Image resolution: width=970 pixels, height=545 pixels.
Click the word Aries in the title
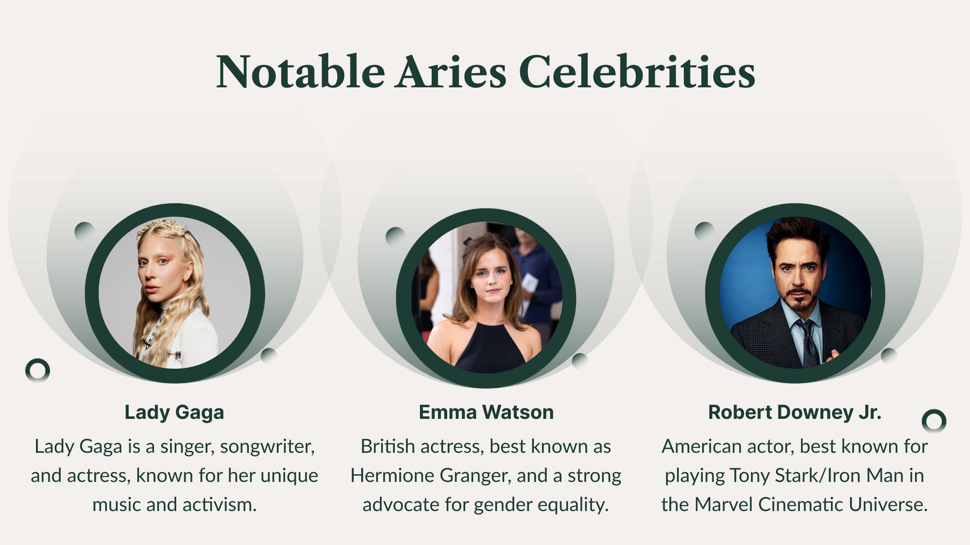[x=450, y=72]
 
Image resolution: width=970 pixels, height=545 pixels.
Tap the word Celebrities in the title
[x=637, y=71]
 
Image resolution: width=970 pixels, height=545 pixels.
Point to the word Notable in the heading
[x=301, y=71]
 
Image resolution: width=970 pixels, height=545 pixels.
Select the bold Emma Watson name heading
[x=486, y=413]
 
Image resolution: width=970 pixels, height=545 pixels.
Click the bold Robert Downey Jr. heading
[x=794, y=413]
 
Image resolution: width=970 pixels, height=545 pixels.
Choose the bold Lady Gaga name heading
[x=174, y=413]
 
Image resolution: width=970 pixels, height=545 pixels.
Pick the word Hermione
[x=392, y=476]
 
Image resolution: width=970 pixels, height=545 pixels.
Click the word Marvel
[x=723, y=505]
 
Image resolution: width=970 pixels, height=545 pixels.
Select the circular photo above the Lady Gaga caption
[x=175, y=293]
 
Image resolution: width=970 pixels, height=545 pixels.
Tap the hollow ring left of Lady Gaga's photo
[x=37, y=370]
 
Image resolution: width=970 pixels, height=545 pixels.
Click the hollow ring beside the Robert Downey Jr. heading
[x=934, y=421]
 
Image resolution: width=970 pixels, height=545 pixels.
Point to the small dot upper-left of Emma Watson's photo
[x=395, y=236]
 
